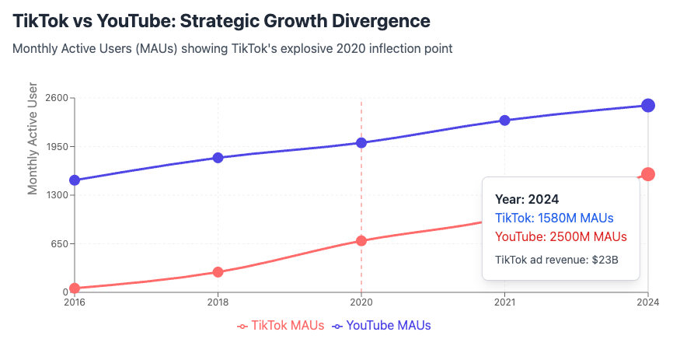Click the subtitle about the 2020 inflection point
click(x=232, y=48)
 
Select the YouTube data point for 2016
click(x=75, y=180)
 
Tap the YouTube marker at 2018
click(x=218, y=158)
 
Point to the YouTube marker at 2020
click(x=361, y=142)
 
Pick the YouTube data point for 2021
click(x=504, y=121)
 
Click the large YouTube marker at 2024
click(x=648, y=106)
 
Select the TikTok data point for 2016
click(x=75, y=288)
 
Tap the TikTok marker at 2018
click(x=218, y=272)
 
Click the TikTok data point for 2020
click(x=361, y=241)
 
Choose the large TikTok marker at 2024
click(x=648, y=174)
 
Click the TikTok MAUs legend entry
click(x=281, y=326)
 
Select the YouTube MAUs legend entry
click(x=382, y=326)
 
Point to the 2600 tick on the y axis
click(x=57, y=98)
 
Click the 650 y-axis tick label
click(x=60, y=243)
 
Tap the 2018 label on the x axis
click(x=218, y=302)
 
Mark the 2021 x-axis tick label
click(x=504, y=302)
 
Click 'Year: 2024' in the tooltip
click(x=527, y=199)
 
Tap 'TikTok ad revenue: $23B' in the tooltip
click(x=556, y=259)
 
